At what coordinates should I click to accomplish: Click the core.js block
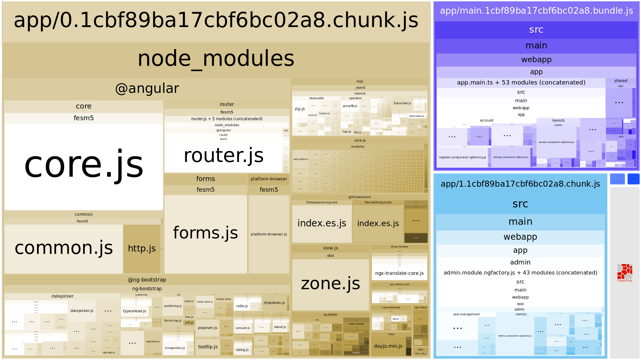coord(83,165)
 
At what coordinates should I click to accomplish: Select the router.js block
coord(223,156)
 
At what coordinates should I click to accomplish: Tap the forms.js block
coord(205,233)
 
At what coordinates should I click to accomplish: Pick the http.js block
coord(142,248)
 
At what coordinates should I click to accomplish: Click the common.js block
coord(64,248)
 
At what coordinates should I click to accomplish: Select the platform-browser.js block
coord(269,234)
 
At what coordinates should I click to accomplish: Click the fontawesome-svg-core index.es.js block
coord(322,223)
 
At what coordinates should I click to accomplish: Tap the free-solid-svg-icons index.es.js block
coord(378,223)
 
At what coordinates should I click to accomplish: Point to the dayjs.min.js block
coord(388,346)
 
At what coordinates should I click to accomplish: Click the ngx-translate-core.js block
coord(399,273)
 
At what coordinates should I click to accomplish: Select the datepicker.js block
coord(82,311)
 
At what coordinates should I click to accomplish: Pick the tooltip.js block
coord(208,347)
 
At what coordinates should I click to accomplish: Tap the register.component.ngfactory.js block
coord(462,157)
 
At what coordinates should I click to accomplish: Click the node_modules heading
coord(216,59)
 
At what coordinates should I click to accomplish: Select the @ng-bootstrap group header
coord(147,280)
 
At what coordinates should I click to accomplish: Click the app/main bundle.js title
coord(536,11)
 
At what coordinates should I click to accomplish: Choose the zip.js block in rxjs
coord(299,109)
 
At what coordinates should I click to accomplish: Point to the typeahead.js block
coord(135,311)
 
